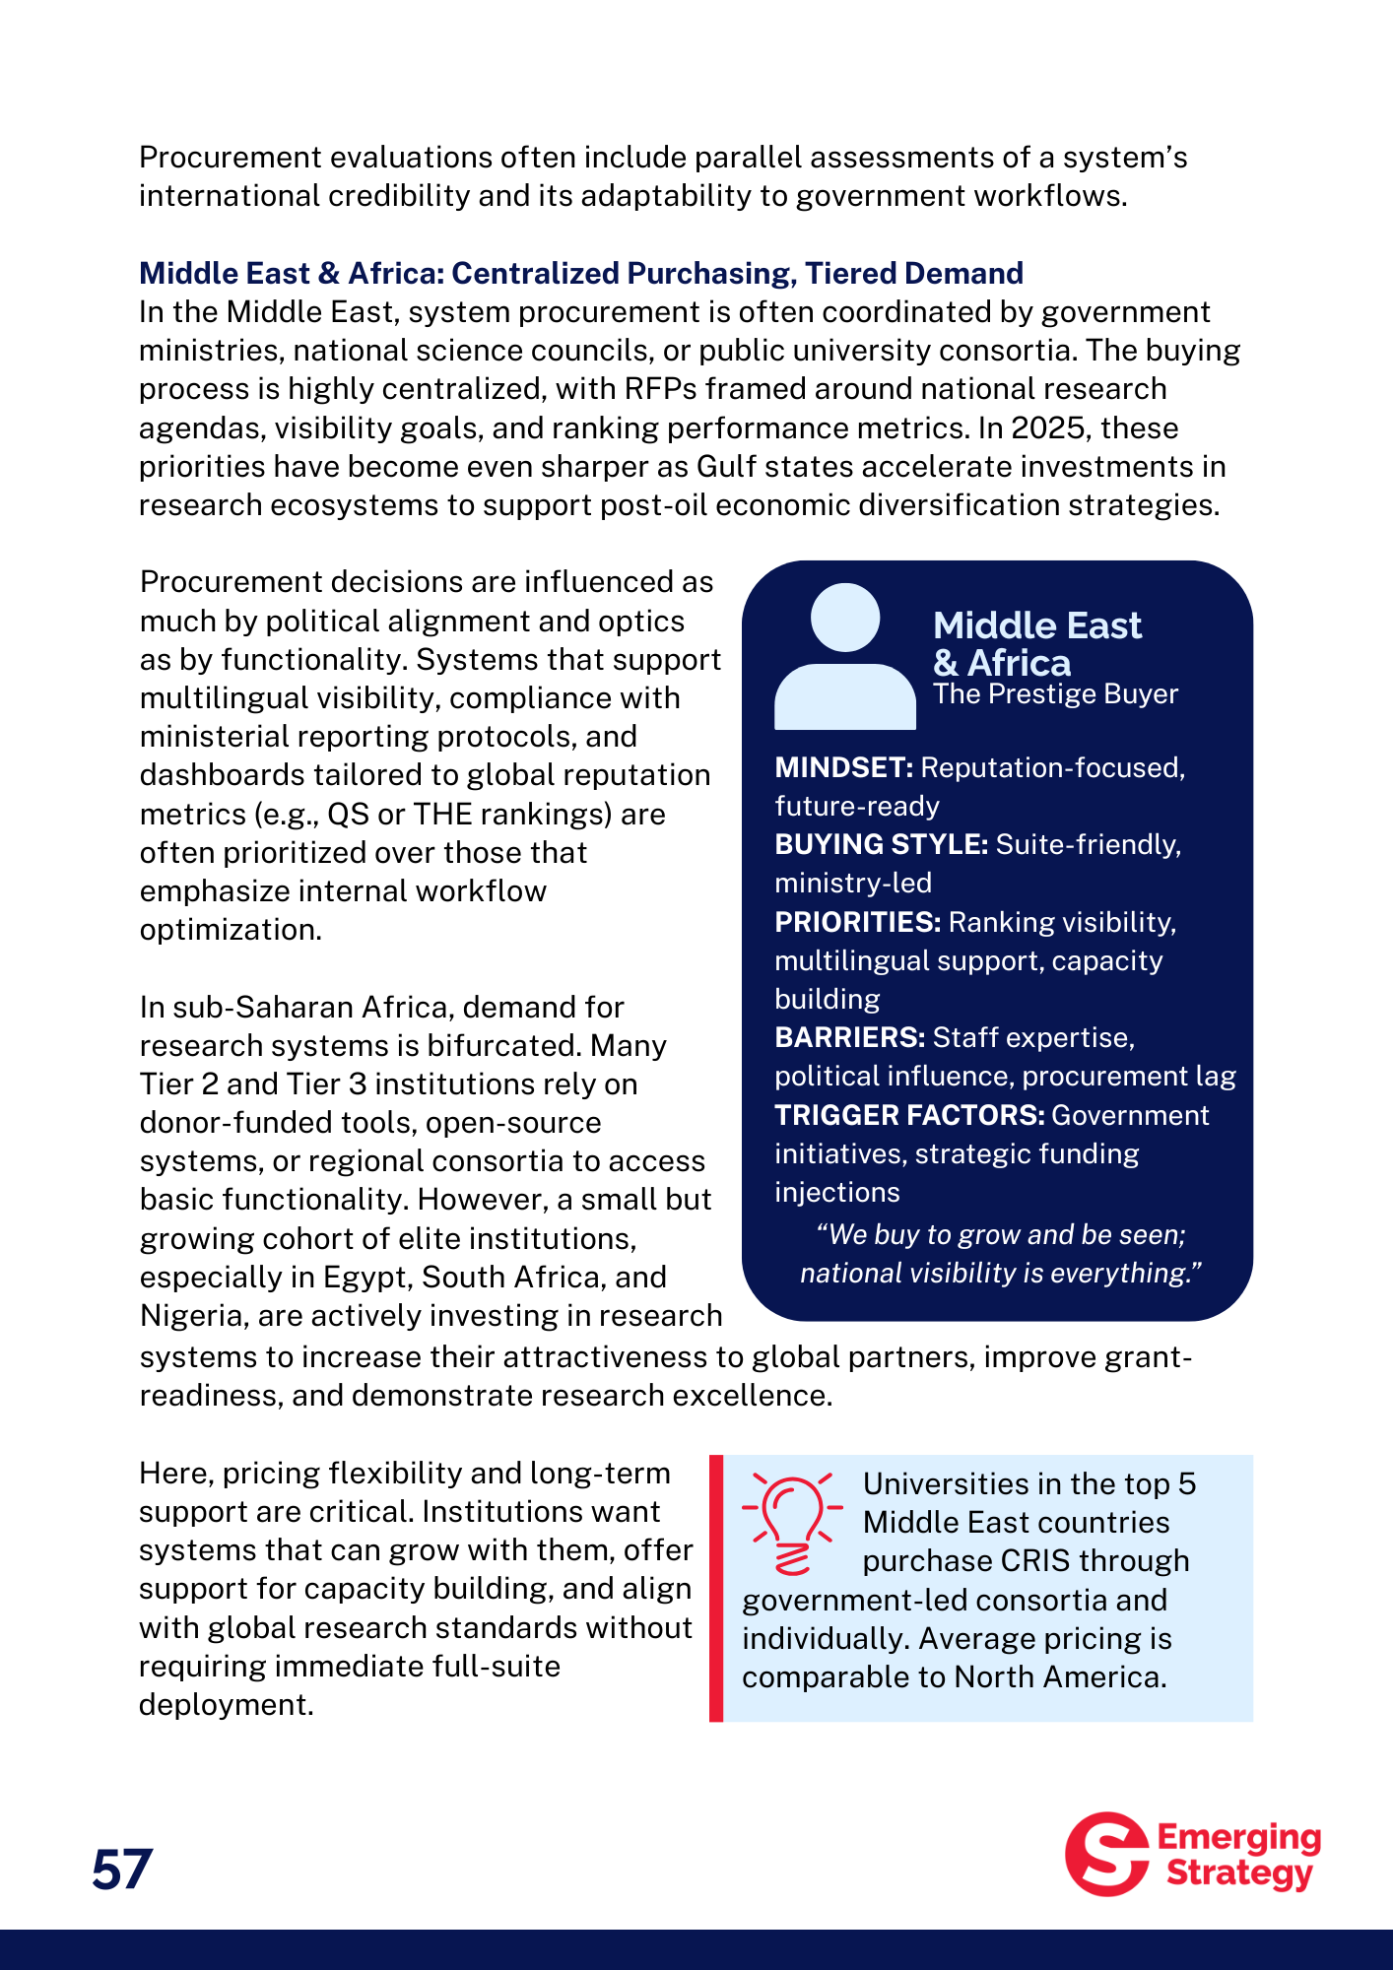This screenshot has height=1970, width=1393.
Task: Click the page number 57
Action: tap(122, 1870)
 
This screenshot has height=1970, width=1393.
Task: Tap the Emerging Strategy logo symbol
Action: tap(1107, 1854)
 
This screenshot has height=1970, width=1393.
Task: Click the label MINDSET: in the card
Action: tap(844, 767)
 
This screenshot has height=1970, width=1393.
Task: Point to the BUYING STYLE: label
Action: tap(881, 844)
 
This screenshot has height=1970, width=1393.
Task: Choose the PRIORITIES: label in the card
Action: tap(858, 922)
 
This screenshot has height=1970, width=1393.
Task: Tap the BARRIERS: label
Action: tap(849, 1037)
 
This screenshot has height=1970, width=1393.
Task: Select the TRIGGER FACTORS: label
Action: tap(909, 1115)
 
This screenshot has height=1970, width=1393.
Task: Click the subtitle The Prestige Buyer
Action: tap(1055, 694)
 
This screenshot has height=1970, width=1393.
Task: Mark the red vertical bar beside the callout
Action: tap(716, 1588)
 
